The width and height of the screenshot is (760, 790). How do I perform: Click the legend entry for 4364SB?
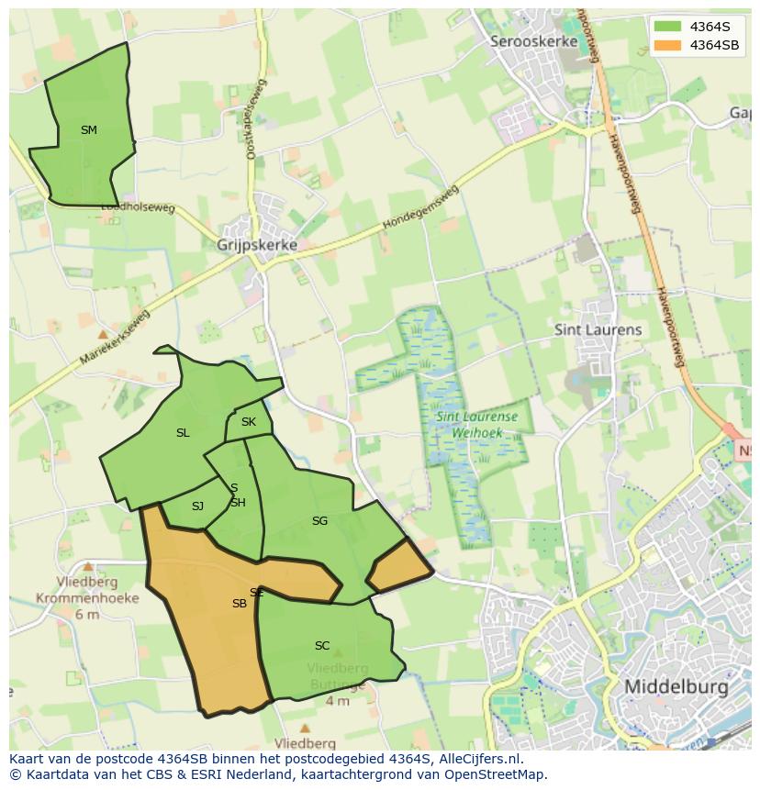(714, 45)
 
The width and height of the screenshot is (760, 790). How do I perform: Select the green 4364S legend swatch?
(667, 27)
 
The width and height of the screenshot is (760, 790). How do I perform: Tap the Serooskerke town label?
(534, 41)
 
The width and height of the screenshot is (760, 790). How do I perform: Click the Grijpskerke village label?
(257, 246)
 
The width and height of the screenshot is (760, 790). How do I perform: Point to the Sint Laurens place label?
(598, 329)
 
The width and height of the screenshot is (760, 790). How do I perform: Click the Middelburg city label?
(676, 686)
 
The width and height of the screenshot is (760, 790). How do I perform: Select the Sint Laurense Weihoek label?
(476, 423)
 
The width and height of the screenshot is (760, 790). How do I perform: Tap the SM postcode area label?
(88, 130)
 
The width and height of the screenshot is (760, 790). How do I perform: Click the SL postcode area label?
(183, 433)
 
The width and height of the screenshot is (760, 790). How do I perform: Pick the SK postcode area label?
(248, 423)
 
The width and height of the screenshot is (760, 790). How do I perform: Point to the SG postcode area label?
(319, 521)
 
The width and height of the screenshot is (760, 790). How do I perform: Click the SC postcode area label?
(321, 646)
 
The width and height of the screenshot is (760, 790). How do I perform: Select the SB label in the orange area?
(239, 604)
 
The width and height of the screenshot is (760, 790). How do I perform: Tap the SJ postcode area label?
(197, 506)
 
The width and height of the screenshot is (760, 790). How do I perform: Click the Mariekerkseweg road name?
(114, 338)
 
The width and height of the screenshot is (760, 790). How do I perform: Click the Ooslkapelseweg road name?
(255, 119)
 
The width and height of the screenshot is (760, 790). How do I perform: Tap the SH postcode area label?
(238, 503)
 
